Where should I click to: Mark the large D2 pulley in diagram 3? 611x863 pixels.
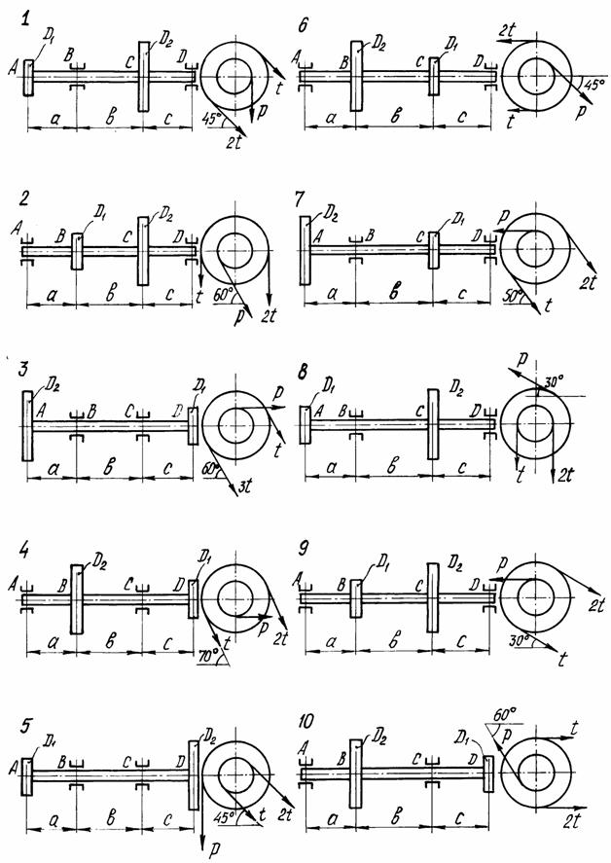click(x=26, y=425)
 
